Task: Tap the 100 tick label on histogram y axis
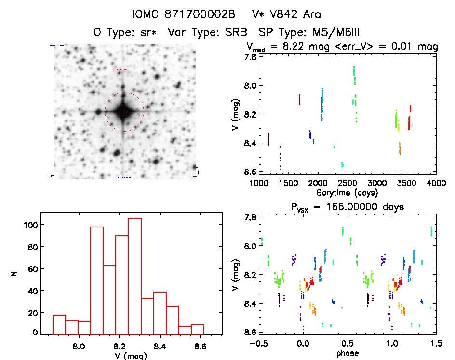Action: coord(31,225)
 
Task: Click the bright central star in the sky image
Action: coord(124,111)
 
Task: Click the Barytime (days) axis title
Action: coord(347,193)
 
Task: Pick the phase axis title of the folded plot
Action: coord(347,353)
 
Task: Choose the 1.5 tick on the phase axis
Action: coord(436,343)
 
